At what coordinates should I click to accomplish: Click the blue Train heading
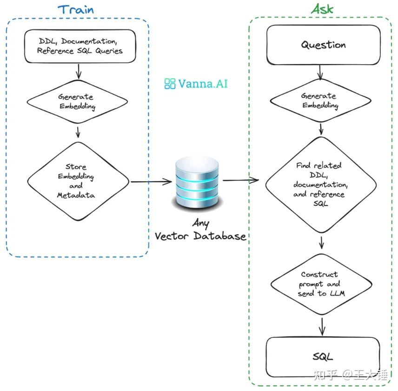click(x=76, y=10)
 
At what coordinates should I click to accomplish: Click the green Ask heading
click(x=322, y=9)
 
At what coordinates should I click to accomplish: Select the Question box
click(x=324, y=45)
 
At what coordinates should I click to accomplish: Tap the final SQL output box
click(x=323, y=357)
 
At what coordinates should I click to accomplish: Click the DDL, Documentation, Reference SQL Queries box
click(x=80, y=46)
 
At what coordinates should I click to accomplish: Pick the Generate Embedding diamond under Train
click(x=78, y=101)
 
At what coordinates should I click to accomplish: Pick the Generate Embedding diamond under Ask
click(x=321, y=100)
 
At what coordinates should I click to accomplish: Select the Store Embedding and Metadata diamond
click(x=78, y=181)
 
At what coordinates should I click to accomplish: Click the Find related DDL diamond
click(x=321, y=185)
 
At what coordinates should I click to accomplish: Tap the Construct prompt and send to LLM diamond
click(x=321, y=284)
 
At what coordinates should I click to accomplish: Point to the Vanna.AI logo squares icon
click(x=170, y=84)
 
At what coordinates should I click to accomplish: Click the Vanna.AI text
click(x=203, y=84)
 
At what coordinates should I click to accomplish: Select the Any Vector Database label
click(x=200, y=230)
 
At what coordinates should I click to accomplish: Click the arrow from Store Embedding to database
click(x=151, y=182)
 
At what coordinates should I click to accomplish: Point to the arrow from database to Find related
click(x=241, y=180)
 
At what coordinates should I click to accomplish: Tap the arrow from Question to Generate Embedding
click(x=320, y=73)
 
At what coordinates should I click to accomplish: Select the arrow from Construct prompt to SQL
click(x=322, y=326)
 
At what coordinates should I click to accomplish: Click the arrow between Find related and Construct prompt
click(x=322, y=243)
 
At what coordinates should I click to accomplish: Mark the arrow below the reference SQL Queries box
click(x=79, y=71)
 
